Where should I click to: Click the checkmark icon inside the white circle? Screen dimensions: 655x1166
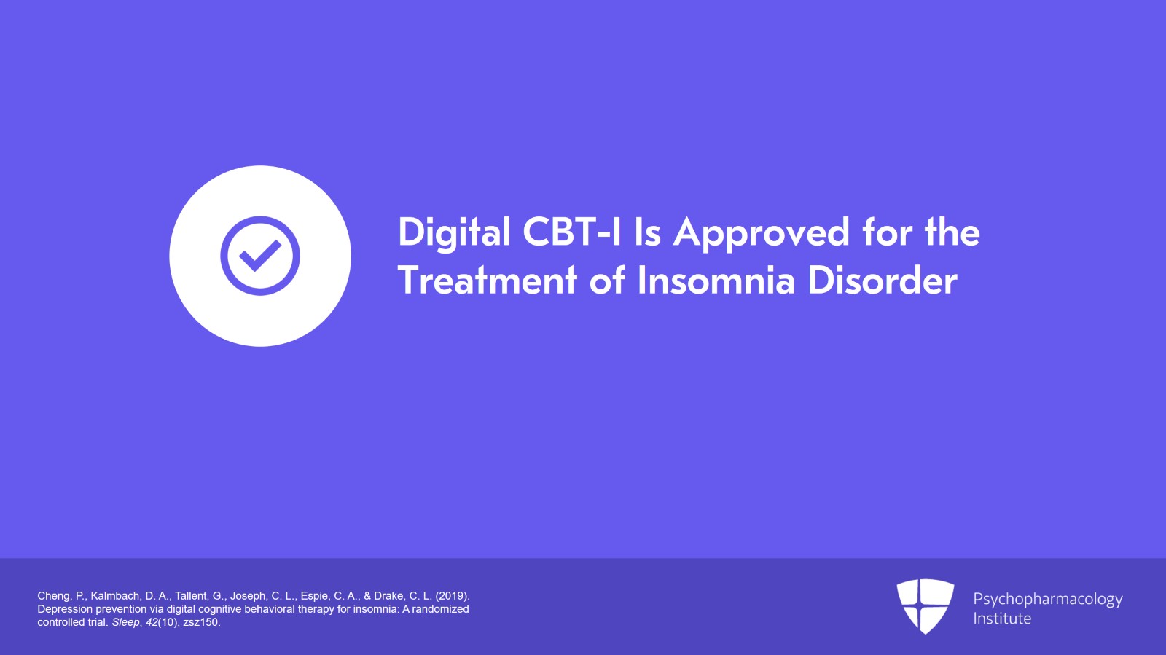260,256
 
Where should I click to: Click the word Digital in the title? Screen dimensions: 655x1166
454,233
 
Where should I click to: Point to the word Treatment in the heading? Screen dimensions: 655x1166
488,281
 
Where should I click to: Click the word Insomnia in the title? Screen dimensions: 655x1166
716,281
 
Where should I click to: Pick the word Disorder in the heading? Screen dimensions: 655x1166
883,281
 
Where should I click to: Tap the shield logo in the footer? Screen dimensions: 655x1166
925,605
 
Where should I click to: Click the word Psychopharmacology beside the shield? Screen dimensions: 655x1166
1047,599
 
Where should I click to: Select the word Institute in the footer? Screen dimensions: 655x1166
1002,619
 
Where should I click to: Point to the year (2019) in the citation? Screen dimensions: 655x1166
452,596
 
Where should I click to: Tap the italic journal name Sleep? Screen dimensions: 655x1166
125,622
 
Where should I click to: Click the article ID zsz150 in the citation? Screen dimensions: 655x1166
200,622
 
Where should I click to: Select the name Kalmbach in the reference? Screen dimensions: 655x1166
114,596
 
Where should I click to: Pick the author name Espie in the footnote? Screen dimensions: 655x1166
315,596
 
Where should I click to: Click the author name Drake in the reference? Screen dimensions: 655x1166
388,596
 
